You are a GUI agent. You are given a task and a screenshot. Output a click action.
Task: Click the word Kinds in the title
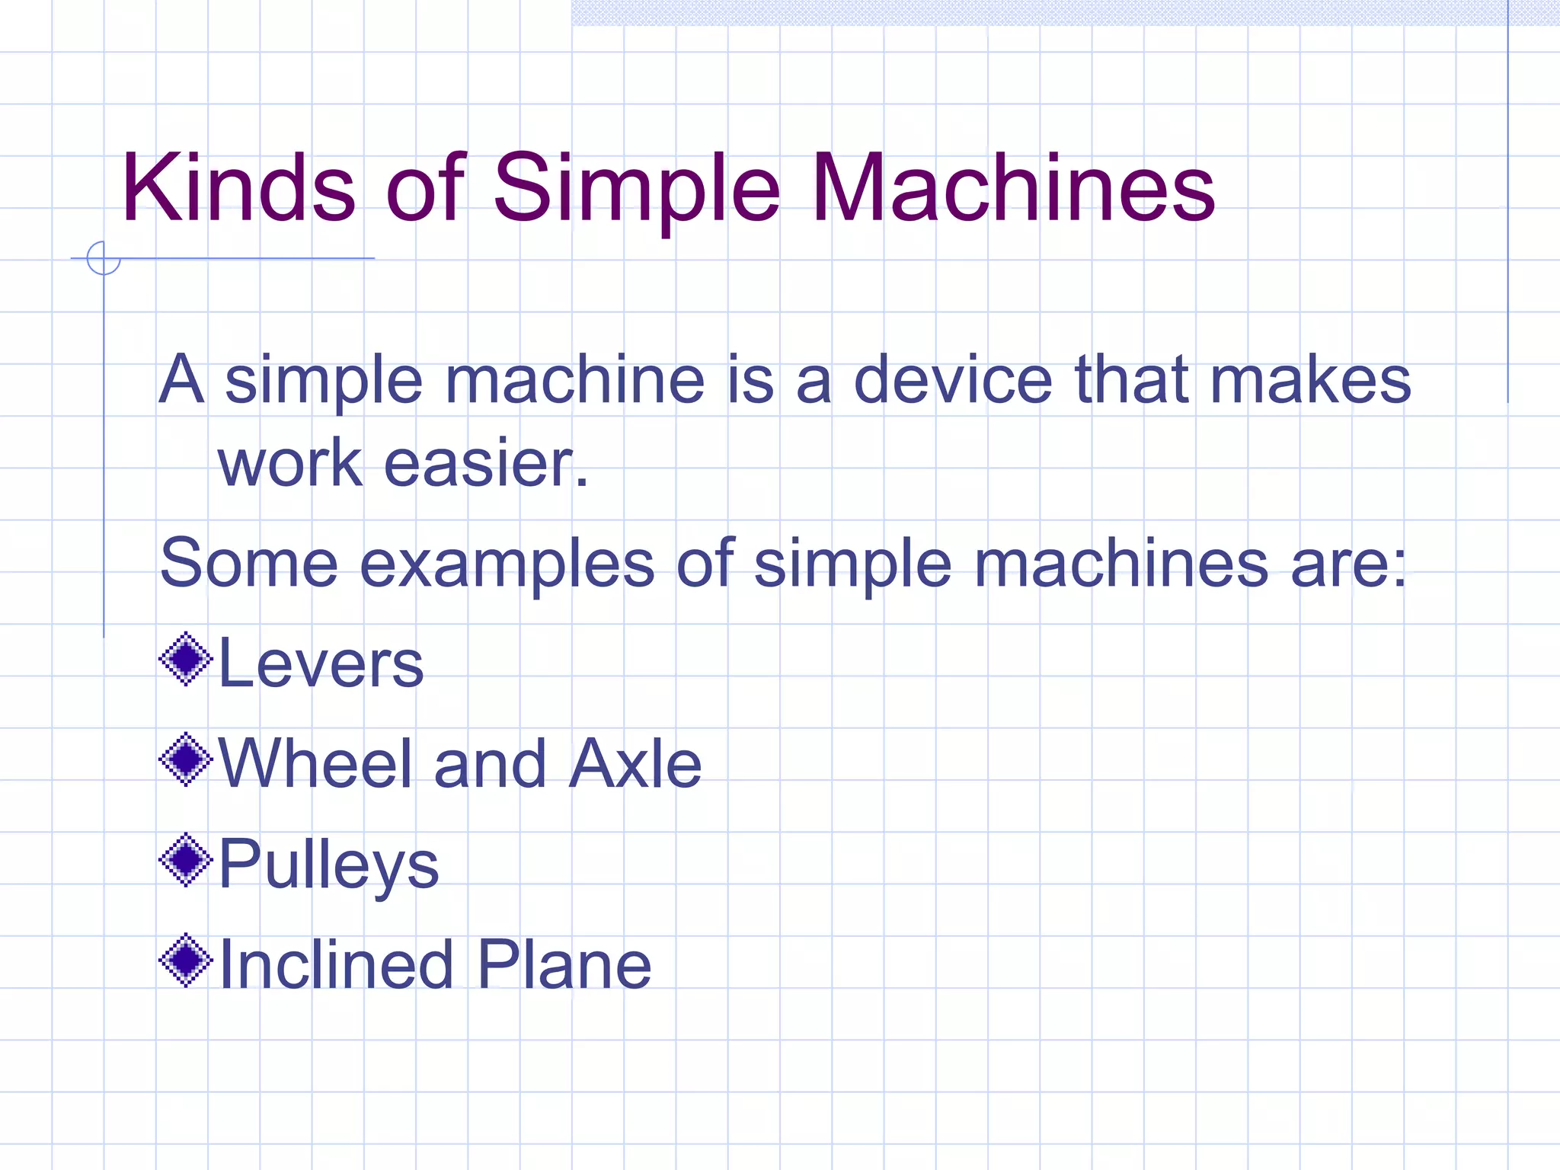click(x=238, y=187)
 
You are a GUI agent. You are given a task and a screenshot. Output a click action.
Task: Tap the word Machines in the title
click(x=1013, y=187)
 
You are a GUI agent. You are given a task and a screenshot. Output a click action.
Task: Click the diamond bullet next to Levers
click(x=185, y=659)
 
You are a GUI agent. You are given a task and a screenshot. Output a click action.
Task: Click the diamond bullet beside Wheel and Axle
click(x=185, y=759)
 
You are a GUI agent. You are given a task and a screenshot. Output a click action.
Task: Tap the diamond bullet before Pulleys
click(x=185, y=860)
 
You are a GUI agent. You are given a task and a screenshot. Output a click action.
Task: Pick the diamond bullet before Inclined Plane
click(x=185, y=961)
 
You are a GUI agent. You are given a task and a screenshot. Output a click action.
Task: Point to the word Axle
click(x=635, y=763)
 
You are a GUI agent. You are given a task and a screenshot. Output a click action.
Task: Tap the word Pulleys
click(x=328, y=865)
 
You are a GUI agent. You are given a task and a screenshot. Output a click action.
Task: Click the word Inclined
click(x=336, y=964)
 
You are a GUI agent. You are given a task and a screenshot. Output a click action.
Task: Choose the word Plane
click(x=564, y=964)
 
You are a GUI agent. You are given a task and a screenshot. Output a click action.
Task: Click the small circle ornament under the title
click(x=104, y=258)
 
